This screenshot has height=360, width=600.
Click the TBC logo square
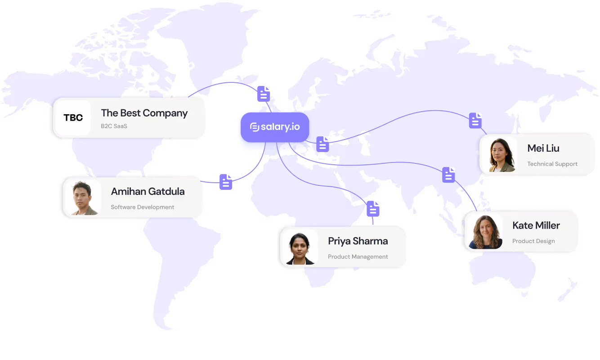pos(73,118)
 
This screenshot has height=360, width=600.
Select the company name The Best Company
pos(144,113)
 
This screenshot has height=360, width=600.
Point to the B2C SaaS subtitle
pos(114,126)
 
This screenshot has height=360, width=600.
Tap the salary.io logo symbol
pos(254,127)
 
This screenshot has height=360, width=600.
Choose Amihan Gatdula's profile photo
pos(81,198)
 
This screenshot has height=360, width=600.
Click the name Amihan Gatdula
pos(148,191)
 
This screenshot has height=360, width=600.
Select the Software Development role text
pos(142,207)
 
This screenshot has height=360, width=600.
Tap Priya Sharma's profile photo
pos(298,247)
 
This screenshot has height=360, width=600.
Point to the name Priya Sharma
pos(358,241)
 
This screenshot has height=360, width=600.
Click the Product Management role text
pos(358,256)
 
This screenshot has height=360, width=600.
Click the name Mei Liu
pos(543,148)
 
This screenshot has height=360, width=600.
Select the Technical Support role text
pos(552,164)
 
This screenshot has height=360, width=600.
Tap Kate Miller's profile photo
pos(484,232)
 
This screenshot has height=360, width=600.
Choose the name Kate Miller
pos(536,225)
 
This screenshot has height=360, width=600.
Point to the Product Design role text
pos(533,241)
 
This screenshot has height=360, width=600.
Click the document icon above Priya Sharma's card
pos(373,209)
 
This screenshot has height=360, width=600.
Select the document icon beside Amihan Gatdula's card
pos(226,182)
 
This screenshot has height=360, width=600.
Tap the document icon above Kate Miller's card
pos(448,175)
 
